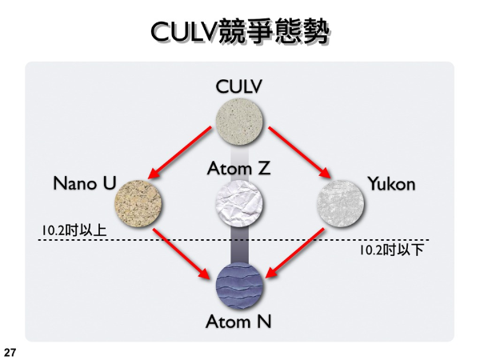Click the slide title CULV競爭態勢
(240, 31)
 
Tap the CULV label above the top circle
(240, 86)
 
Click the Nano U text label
(85, 183)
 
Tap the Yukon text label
(391, 184)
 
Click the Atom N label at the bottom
(239, 322)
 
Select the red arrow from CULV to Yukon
(299, 153)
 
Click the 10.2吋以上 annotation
(74, 230)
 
